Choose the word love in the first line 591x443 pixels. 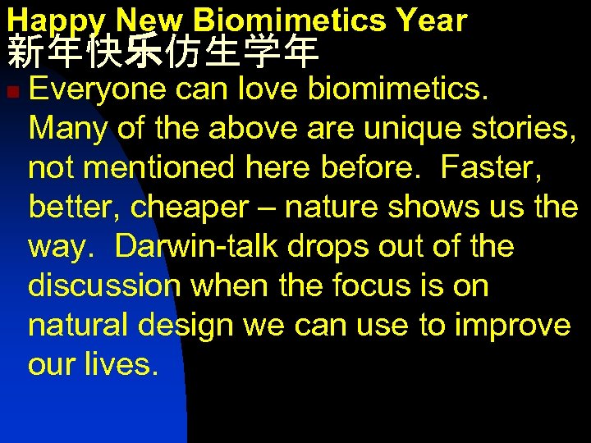point(267,88)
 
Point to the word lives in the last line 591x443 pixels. point(120,365)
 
